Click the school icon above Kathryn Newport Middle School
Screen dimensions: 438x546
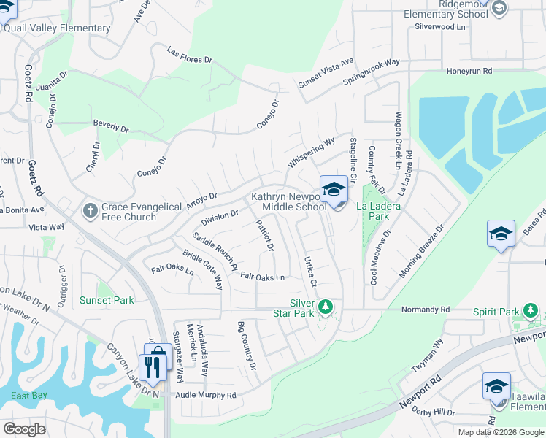(x=334, y=189)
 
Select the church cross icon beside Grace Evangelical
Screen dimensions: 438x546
(x=90, y=212)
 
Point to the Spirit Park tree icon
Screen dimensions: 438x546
(x=530, y=312)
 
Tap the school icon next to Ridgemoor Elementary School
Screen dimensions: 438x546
(x=499, y=8)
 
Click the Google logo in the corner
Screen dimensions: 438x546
(x=25, y=429)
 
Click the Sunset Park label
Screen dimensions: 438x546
(x=107, y=300)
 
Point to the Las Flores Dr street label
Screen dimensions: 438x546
(x=189, y=55)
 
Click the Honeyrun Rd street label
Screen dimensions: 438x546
(x=469, y=72)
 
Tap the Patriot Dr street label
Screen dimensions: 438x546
(x=264, y=237)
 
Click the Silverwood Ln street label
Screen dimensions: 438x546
(x=439, y=26)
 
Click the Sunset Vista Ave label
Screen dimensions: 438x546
(x=326, y=73)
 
